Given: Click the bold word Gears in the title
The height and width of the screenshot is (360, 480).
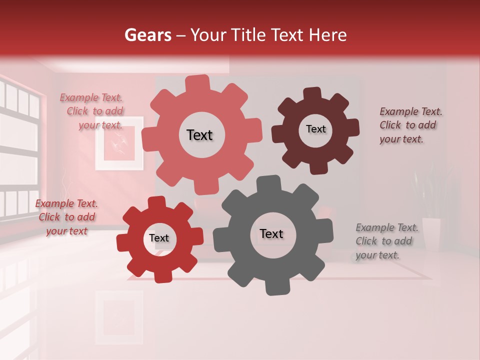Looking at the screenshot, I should pos(147,35).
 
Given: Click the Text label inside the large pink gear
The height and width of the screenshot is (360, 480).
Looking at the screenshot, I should pos(199,135).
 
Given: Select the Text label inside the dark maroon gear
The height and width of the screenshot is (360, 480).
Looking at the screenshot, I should pos(315,129).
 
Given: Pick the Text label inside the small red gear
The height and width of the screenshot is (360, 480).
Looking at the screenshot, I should pos(159,238).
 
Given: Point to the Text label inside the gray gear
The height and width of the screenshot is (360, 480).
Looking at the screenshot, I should pos(271,233).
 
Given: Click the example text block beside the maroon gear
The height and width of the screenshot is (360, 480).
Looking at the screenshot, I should pos(410,125).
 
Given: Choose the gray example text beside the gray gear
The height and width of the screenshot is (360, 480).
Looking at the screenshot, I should pos(386,241).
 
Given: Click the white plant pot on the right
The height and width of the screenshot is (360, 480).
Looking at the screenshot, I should pos(431,233).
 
